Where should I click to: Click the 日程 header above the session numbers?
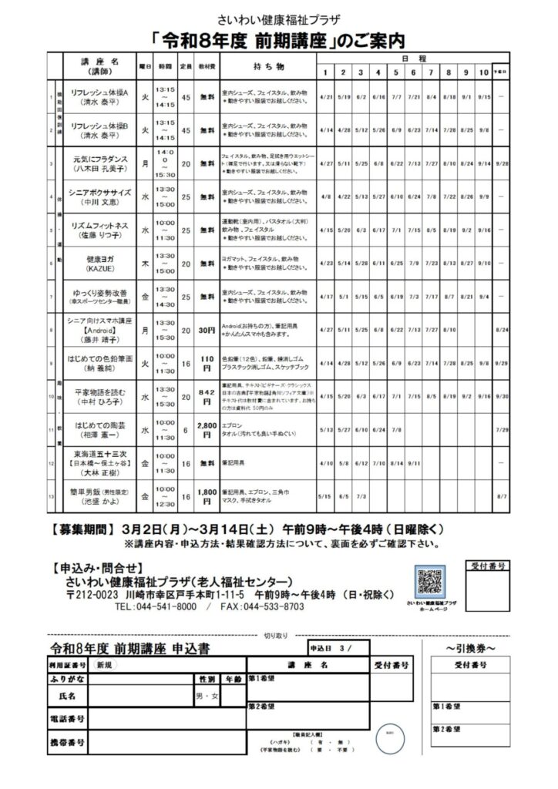pyautogui.click(x=408, y=58)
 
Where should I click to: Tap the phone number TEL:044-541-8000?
pyautogui.click(x=154, y=607)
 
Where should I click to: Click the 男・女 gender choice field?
pyautogui.click(x=207, y=697)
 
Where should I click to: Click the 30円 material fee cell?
pyautogui.click(x=207, y=331)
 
